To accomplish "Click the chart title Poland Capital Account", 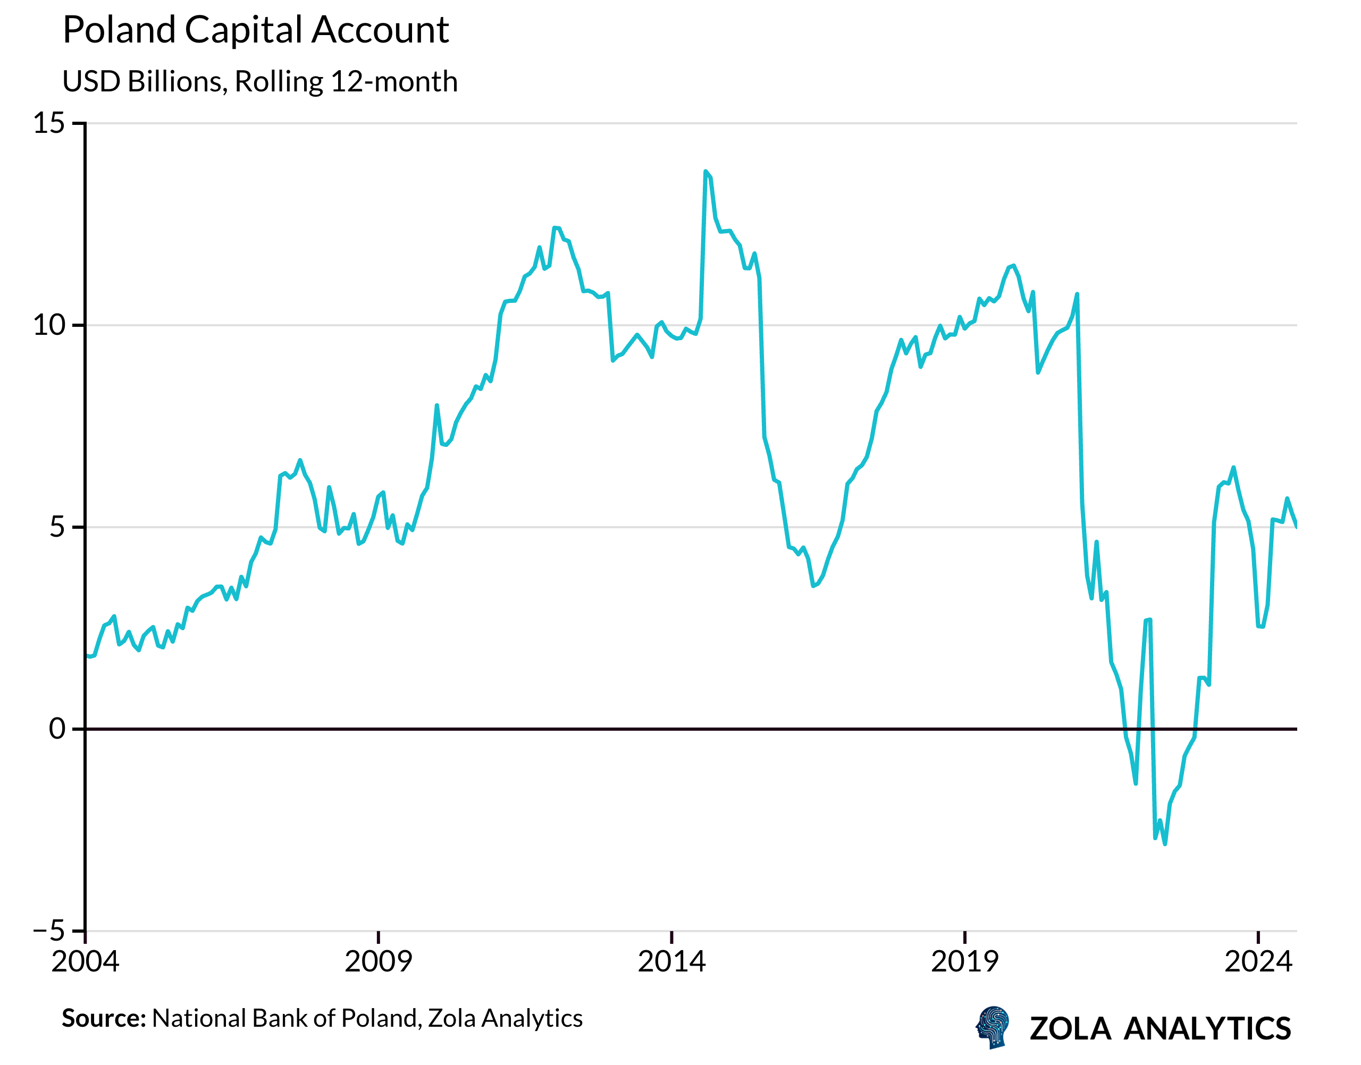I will (256, 30).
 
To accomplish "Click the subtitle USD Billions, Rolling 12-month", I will (260, 82).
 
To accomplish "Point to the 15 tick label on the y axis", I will (49, 123).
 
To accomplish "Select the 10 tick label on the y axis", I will (49, 325).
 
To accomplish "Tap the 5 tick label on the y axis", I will (57, 528).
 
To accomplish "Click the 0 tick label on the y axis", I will (57, 729).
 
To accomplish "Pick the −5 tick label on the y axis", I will (49, 931).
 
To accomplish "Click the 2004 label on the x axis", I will (86, 962).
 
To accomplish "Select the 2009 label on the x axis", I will (379, 962).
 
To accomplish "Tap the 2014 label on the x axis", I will (672, 962).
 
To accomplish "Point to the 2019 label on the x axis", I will (965, 962).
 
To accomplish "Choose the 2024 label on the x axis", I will (1258, 962).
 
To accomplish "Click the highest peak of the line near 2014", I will (705, 172).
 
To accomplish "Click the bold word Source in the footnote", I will (104, 1019).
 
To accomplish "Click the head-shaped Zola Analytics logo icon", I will (993, 1027).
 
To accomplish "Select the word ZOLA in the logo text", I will (1070, 1029).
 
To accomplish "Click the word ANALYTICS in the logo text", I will (1207, 1029).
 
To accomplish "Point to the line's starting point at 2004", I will (87, 656).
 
